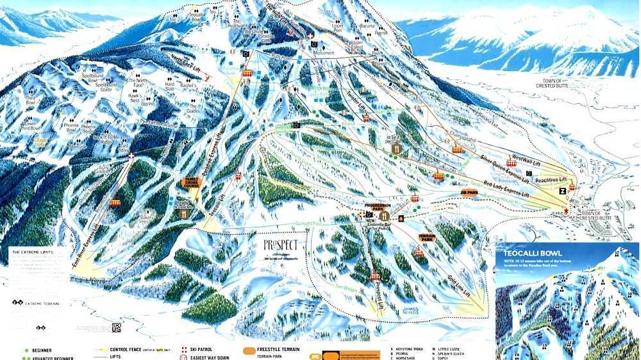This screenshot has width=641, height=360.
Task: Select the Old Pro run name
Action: (x=148, y=104)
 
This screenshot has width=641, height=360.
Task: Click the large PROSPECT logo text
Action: (x=281, y=245)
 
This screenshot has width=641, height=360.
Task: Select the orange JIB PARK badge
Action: (x=469, y=192)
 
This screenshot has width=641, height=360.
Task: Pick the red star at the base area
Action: (x=566, y=210)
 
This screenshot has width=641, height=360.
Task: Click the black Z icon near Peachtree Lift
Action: (x=562, y=191)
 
